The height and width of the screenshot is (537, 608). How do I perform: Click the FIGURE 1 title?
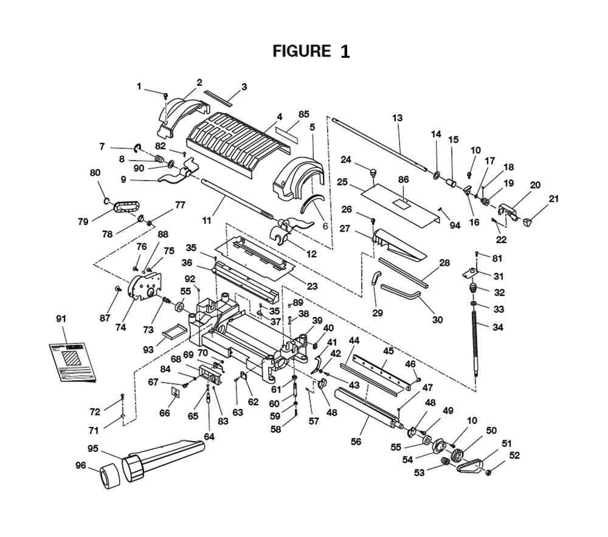[311, 51]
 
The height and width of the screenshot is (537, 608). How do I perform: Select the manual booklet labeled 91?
[74, 361]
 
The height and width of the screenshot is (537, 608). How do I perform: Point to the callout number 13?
[397, 118]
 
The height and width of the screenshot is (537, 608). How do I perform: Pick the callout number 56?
[356, 442]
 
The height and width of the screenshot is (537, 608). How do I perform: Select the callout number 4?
[280, 117]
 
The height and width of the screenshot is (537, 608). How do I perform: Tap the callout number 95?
[93, 449]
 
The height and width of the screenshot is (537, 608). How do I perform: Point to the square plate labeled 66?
[176, 393]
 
